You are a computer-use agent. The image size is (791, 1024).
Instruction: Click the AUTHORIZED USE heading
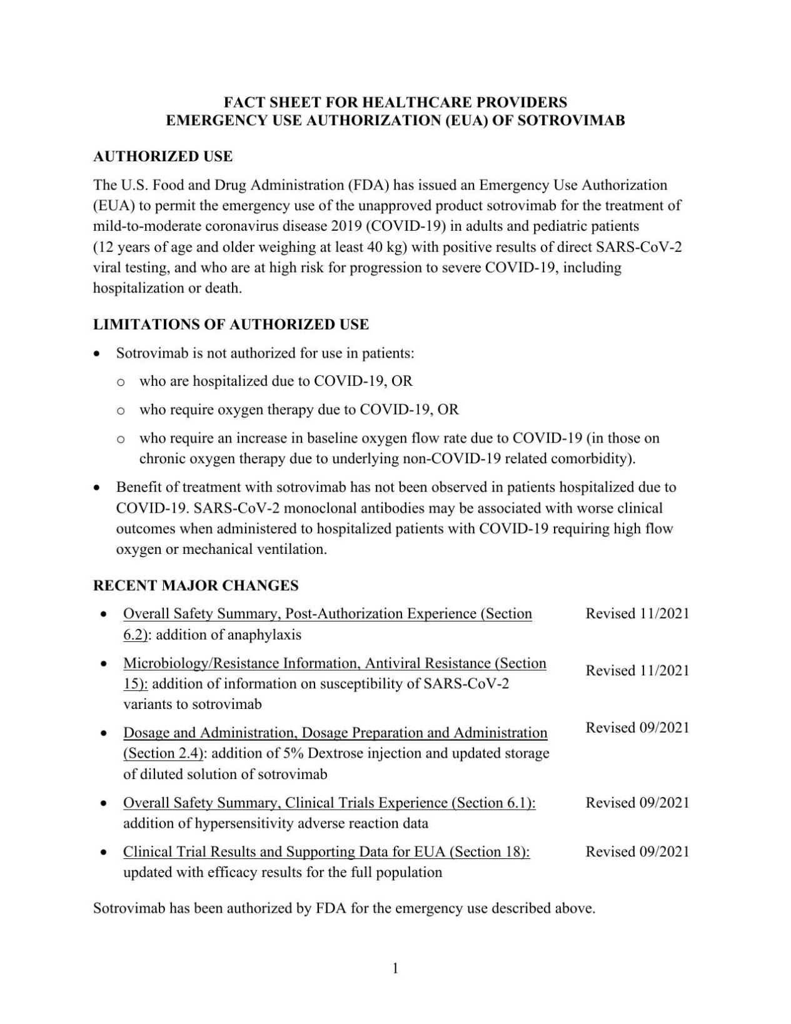tap(163, 156)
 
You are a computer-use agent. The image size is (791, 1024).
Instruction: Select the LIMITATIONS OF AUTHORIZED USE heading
tap(231, 324)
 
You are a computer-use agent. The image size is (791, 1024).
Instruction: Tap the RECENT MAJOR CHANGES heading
tap(196, 586)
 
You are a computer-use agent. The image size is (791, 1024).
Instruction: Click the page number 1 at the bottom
tap(395, 968)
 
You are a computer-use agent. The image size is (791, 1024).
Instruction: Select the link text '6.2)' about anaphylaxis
tap(135, 635)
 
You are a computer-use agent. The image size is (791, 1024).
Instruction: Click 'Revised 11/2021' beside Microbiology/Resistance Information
tap(637, 671)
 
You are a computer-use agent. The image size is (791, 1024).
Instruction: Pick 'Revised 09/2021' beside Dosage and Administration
tap(637, 728)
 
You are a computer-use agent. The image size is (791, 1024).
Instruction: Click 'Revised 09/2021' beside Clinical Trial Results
tap(637, 851)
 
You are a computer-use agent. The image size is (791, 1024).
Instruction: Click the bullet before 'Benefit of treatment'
tap(97, 487)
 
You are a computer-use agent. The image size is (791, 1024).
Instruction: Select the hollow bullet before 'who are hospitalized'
tap(121, 382)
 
